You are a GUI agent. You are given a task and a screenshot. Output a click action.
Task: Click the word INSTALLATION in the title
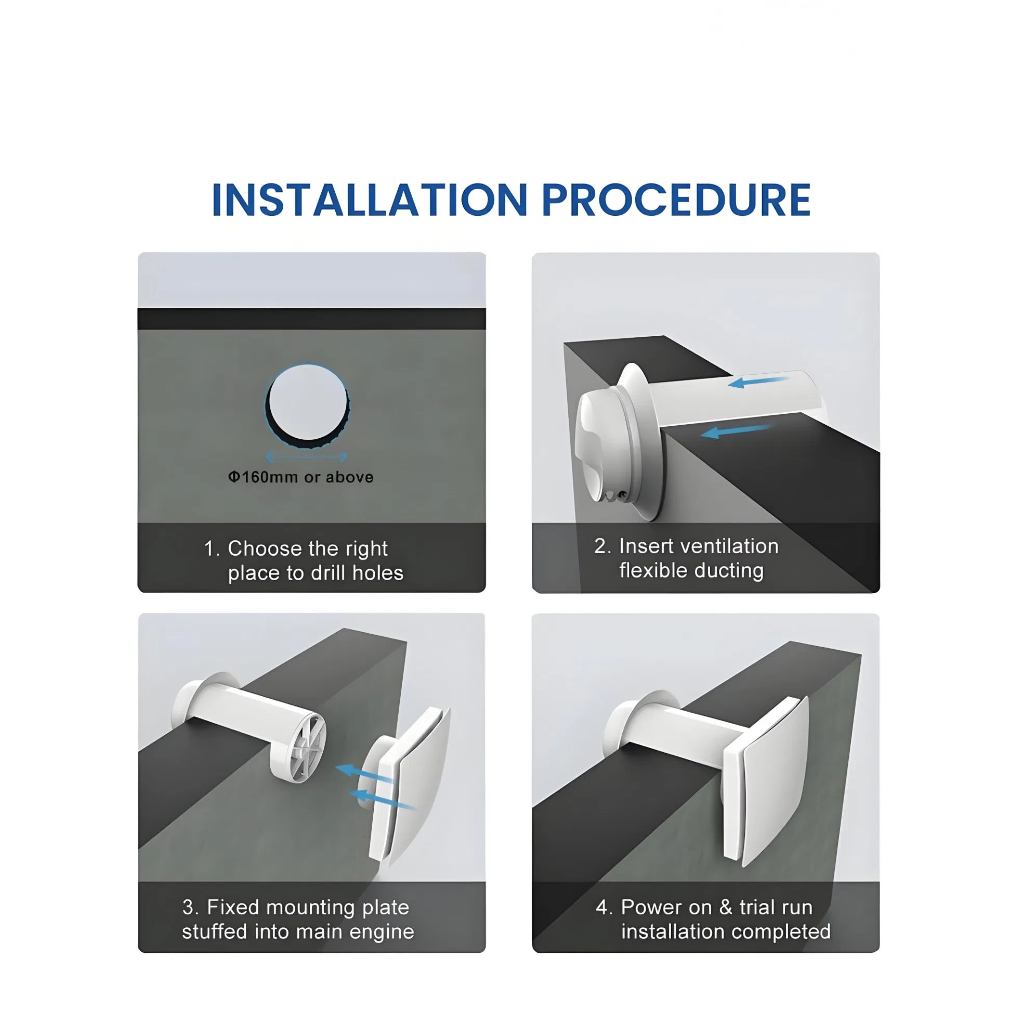point(369,200)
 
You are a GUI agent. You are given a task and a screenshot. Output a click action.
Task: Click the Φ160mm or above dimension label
point(301,477)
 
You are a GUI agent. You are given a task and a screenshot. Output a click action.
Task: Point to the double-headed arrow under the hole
point(306,456)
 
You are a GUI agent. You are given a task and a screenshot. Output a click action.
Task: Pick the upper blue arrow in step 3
point(364,773)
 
